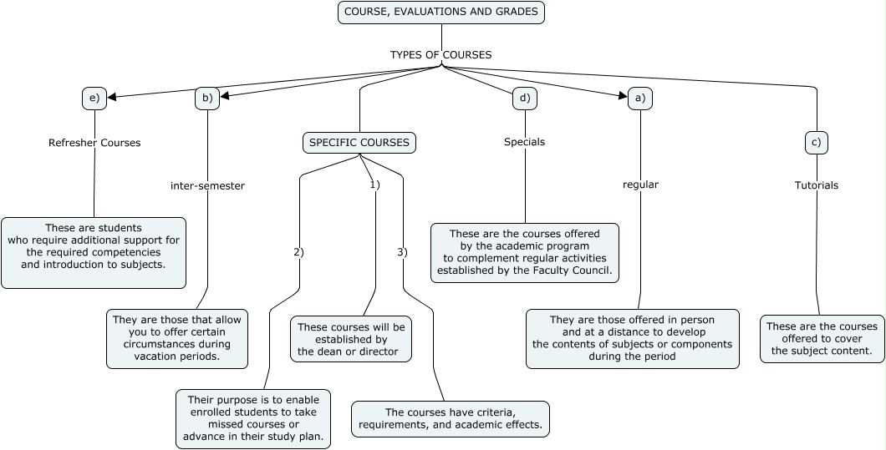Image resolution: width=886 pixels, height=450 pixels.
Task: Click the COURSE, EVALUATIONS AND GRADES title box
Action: tap(441, 13)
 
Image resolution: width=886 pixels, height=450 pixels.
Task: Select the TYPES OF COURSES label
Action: tap(440, 55)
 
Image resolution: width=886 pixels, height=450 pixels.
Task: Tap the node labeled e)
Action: tap(94, 98)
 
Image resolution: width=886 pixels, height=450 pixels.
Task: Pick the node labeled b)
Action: tap(206, 98)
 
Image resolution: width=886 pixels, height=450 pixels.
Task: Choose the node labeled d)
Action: tap(524, 99)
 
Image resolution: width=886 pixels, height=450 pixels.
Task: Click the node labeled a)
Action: tap(640, 99)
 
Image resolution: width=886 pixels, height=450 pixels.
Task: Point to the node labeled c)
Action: tap(817, 143)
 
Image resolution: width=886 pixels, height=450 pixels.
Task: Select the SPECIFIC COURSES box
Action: tap(359, 143)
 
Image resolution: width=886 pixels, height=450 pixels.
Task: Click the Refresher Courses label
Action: tap(94, 143)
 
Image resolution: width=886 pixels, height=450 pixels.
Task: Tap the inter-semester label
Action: tap(207, 186)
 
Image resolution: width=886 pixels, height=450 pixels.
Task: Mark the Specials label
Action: tap(524, 142)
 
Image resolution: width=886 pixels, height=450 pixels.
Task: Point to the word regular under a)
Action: tap(640, 185)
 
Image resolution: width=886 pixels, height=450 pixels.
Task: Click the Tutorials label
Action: tap(816, 185)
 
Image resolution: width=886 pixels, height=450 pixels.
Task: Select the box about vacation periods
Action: tap(177, 338)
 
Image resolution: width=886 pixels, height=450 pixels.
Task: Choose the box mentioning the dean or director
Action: tap(351, 339)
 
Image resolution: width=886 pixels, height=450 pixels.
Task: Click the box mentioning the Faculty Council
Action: tap(525, 252)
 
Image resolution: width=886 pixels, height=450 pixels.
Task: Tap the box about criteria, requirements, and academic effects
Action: tap(451, 418)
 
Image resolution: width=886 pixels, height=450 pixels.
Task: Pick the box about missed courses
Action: tap(253, 419)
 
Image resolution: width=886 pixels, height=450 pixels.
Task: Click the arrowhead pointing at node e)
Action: tap(112, 97)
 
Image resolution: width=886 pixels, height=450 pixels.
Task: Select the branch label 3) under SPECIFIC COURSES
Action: tap(402, 252)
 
